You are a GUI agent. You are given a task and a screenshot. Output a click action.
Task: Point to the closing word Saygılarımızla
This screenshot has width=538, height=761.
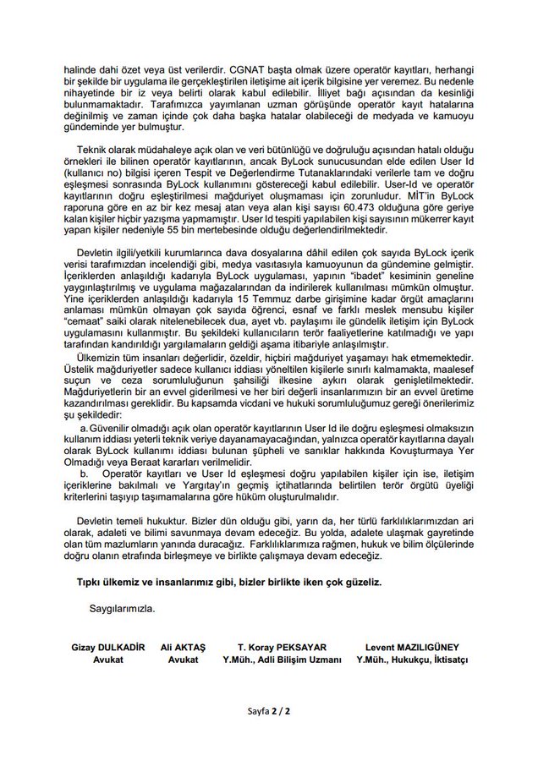[x=122, y=607]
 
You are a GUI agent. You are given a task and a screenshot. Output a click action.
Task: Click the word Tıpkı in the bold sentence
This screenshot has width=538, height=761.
[x=90, y=583]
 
